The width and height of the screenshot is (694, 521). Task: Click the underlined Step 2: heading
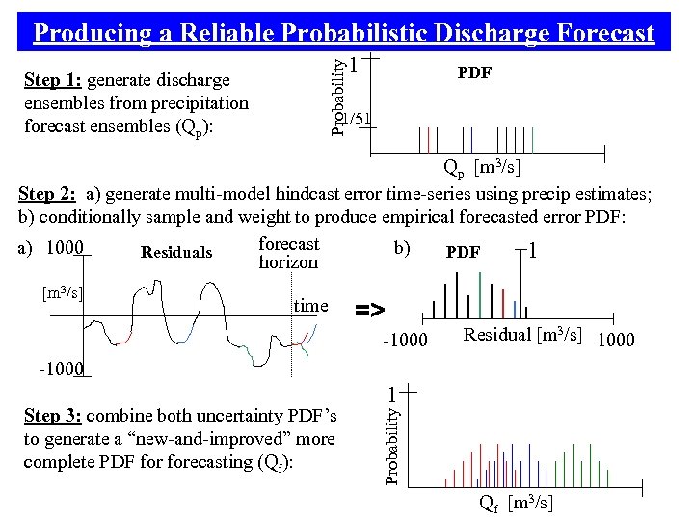48,194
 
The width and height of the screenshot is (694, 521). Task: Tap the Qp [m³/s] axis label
482,170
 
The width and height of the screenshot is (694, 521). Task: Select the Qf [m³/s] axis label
515,503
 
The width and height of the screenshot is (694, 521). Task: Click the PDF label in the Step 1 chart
474,72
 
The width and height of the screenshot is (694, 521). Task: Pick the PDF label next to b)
463,252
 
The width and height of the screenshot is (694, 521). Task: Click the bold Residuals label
176,253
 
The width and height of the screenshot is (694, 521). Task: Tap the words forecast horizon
288,253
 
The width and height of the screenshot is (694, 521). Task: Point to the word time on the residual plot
310,306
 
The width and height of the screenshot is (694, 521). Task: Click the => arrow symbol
370,310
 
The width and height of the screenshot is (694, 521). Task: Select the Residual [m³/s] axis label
523,335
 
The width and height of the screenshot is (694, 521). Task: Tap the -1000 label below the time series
60,369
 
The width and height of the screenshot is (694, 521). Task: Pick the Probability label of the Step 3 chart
392,444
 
